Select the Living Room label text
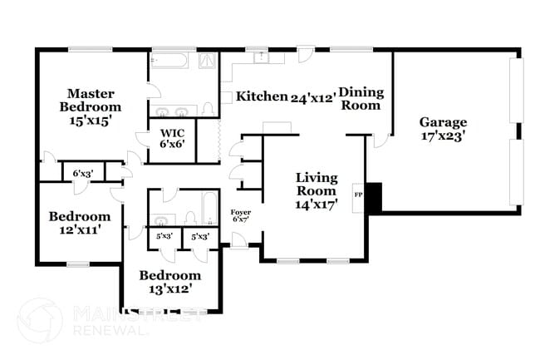317,190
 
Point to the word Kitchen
261,96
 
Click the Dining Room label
360,98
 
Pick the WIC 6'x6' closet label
172,137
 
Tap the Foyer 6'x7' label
240,216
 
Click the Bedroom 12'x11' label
79,223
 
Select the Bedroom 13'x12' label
169,281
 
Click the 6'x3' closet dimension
82,174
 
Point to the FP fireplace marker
358,195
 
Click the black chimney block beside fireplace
373,196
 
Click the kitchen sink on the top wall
261,57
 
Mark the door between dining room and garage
380,140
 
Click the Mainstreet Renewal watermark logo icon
39,320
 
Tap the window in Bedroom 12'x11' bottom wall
77,264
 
